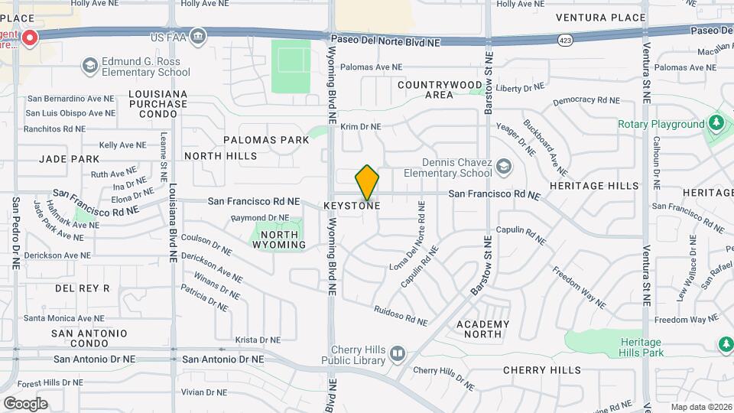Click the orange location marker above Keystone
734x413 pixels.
coord(367,182)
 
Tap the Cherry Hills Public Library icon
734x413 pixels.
coord(397,353)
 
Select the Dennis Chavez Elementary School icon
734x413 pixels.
coord(504,166)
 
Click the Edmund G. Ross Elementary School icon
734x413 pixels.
coord(90,65)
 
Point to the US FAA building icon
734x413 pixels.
coord(198,36)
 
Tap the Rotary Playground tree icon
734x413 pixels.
coord(716,122)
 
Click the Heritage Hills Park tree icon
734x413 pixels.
coord(726,345)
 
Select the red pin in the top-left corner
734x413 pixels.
coord(31,38)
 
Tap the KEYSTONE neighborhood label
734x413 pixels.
coord(352,206)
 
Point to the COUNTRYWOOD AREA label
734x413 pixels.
coord(440,89)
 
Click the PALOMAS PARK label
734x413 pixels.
coord(266,140)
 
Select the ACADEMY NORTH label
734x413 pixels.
coord(482,329)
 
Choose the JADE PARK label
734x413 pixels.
coord(70,159)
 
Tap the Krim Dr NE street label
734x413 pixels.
coord(361,127)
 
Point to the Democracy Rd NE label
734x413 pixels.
coord(586,100)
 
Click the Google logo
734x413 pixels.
coord(25,403)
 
